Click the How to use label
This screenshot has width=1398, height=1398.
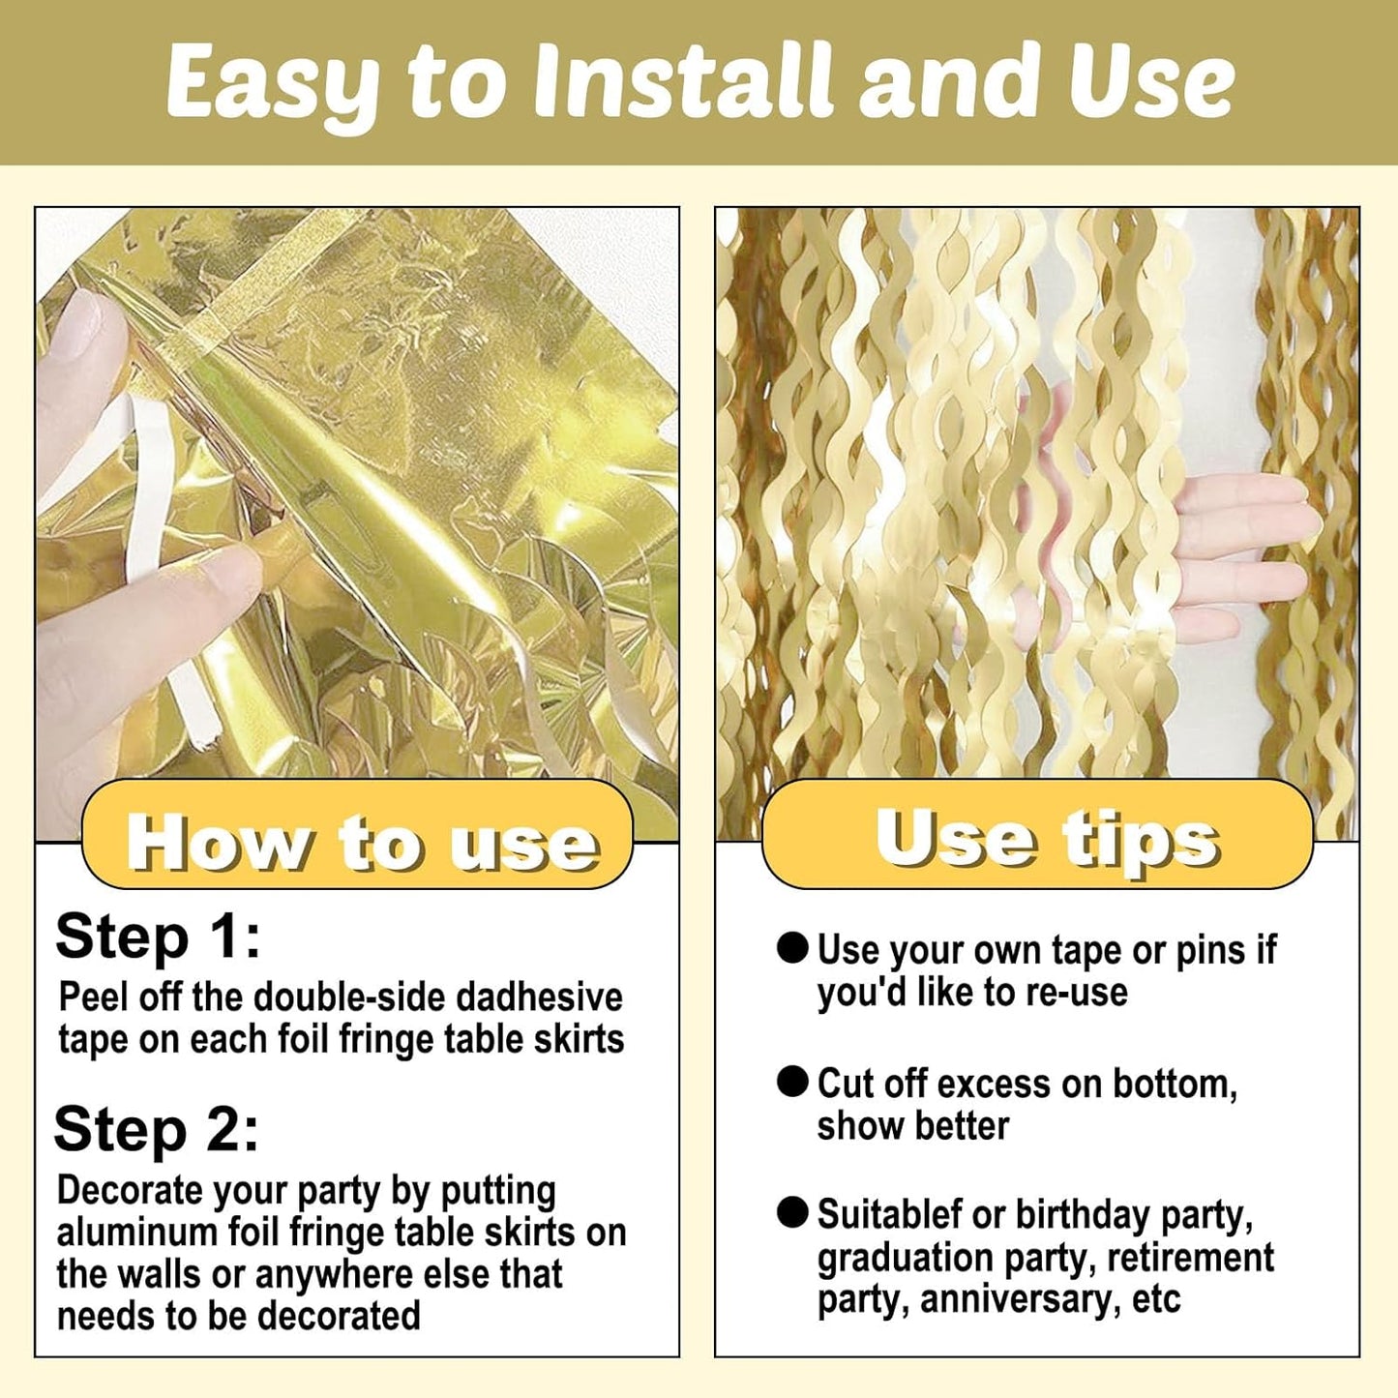click(x=363, y=843)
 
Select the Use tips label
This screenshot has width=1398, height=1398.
click(x=1048, y=837)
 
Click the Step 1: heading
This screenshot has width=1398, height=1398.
click(x=158, y=937)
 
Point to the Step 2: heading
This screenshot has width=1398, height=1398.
click(x=156, y=1130)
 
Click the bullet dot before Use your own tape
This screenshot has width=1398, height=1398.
click(x=792, y=949)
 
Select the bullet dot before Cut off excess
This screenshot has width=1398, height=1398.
click(x=792, y=1082)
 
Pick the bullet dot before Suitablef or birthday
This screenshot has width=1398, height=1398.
click(x=792, y=1214)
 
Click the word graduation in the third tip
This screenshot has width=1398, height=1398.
click(x=905, y=1260)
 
